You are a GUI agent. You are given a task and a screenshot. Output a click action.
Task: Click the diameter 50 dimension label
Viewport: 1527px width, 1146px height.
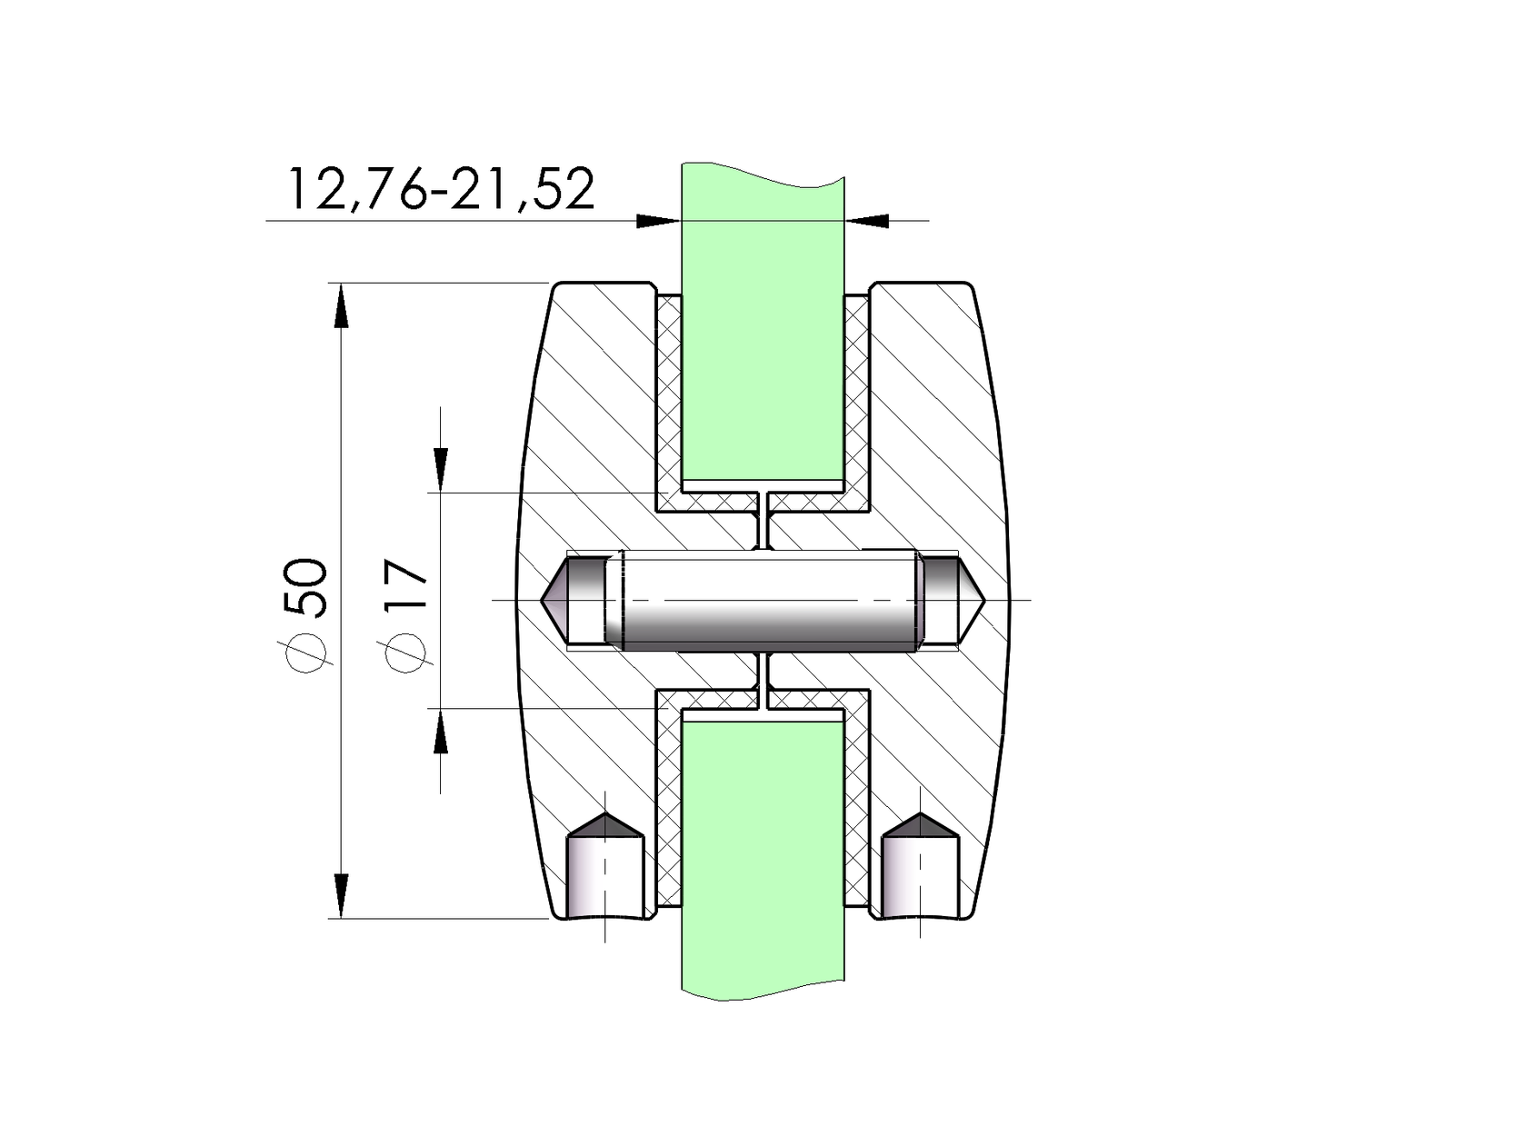(x=304, y=614)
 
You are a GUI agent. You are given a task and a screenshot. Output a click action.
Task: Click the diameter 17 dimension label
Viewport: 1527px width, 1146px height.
(x=404, y=614)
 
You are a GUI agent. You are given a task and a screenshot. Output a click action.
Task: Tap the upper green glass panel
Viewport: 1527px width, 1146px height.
(x=762, y=327)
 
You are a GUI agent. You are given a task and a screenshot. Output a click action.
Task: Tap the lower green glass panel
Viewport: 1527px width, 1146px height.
(x=762, y=854)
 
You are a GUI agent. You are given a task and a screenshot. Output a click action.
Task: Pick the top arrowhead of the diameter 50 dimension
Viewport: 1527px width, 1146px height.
(x=341, y=304)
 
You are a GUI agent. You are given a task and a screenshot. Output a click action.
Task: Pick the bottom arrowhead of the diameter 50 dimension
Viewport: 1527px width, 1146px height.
(x=341, y=896)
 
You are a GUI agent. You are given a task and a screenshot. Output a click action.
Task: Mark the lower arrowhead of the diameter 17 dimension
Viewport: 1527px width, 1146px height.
(x=441, y=732)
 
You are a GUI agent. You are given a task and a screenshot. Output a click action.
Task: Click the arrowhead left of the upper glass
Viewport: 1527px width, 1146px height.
(x=656, y=221)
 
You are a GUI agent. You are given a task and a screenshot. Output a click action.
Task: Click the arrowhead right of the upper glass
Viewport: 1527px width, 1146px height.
(x=868, y=221)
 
